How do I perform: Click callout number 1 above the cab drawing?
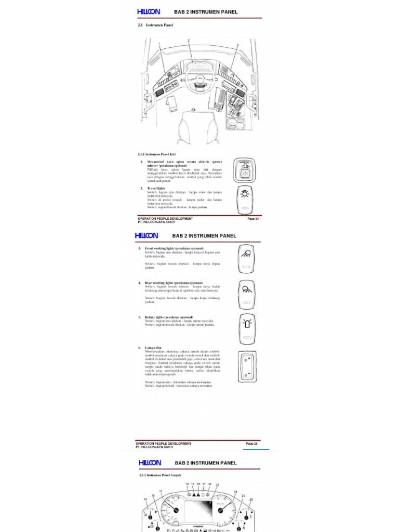coord(159,45)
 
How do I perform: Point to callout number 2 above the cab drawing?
coord(189,40)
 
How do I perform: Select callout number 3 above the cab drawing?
coord(237,45)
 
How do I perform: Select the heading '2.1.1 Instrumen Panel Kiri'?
coord(157,154)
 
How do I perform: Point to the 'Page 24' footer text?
coord(253,219)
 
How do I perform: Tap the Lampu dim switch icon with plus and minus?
coord(246,367)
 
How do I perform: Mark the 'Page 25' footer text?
coord(251,444)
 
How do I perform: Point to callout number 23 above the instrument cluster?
coord(217,485)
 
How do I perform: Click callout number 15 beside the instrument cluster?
coord(145,500)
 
